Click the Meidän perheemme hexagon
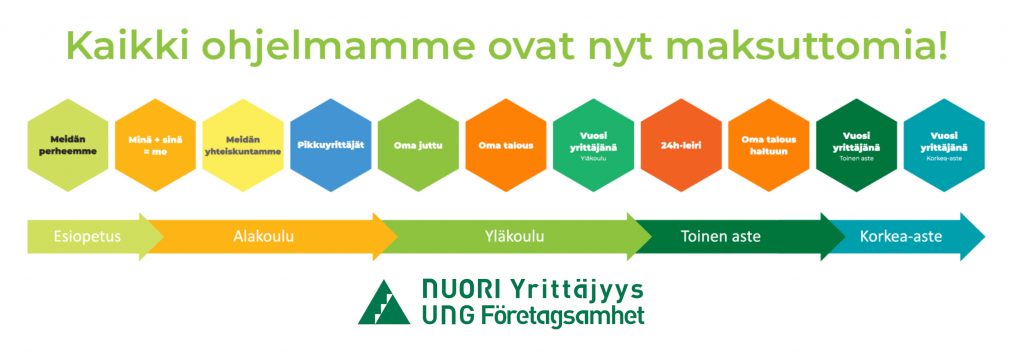point(68,145)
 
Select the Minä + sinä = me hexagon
point(155,145)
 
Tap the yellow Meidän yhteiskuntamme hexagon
point(243,145)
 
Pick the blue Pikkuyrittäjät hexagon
point(330,145)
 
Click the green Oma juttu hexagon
point(418,145)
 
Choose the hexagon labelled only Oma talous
point(505,145)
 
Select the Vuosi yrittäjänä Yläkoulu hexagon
point(593,145)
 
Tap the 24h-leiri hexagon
point(681,145)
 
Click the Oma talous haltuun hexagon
point(769,145)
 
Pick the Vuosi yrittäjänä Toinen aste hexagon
point(856,145)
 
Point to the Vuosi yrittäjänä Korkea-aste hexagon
point(944,145)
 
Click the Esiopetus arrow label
point(87,236)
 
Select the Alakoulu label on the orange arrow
point(263,236)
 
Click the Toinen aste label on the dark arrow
point(720,236)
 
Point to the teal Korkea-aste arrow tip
point(984,236)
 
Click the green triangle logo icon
point(383,303)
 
